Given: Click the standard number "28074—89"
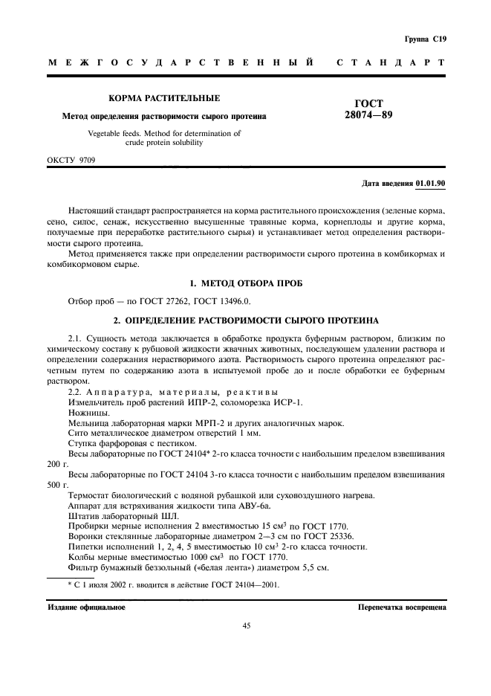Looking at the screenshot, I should pos(369,115).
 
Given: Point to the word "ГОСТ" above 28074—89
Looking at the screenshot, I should pos(369,103).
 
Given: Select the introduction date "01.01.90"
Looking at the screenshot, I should pos(430,183).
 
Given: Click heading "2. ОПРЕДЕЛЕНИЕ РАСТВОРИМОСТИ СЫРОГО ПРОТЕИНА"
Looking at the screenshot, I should pos(245,320).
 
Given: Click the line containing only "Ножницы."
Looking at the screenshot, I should pos(88,413).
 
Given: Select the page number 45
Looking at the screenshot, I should pos(246,626).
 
